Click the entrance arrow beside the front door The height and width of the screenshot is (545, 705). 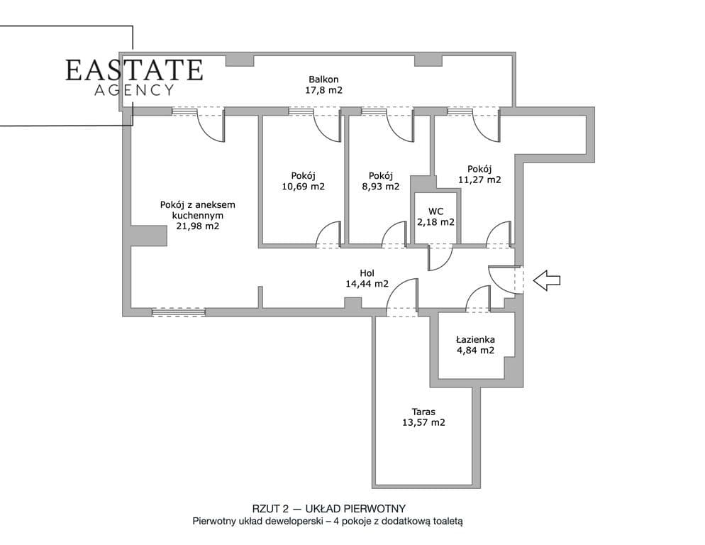coord(547,280)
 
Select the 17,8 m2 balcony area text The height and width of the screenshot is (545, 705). coord(323,90)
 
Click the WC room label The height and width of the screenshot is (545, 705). coord(435,211)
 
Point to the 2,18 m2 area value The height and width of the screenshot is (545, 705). coord(435,222)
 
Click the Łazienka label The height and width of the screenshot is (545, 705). coord(475,339)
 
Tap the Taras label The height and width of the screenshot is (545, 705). coord(423,412)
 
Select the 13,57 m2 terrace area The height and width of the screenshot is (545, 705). coord(423,423)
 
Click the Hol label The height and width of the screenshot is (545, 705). coord(367,273)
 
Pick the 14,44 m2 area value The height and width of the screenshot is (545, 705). coord(367,284)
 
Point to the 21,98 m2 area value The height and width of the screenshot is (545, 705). coord(197,226)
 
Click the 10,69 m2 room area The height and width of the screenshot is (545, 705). coord(303,187)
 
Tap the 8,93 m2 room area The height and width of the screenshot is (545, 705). coord(380,187)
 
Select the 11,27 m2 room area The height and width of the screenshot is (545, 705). coord(479,180)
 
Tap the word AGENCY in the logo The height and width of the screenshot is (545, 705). coord(134,90)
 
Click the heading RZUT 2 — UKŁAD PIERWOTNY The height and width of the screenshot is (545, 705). coord(328,509)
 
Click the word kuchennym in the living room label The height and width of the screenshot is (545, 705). coord(197,215)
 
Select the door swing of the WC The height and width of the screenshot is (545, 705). coord(440,258)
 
